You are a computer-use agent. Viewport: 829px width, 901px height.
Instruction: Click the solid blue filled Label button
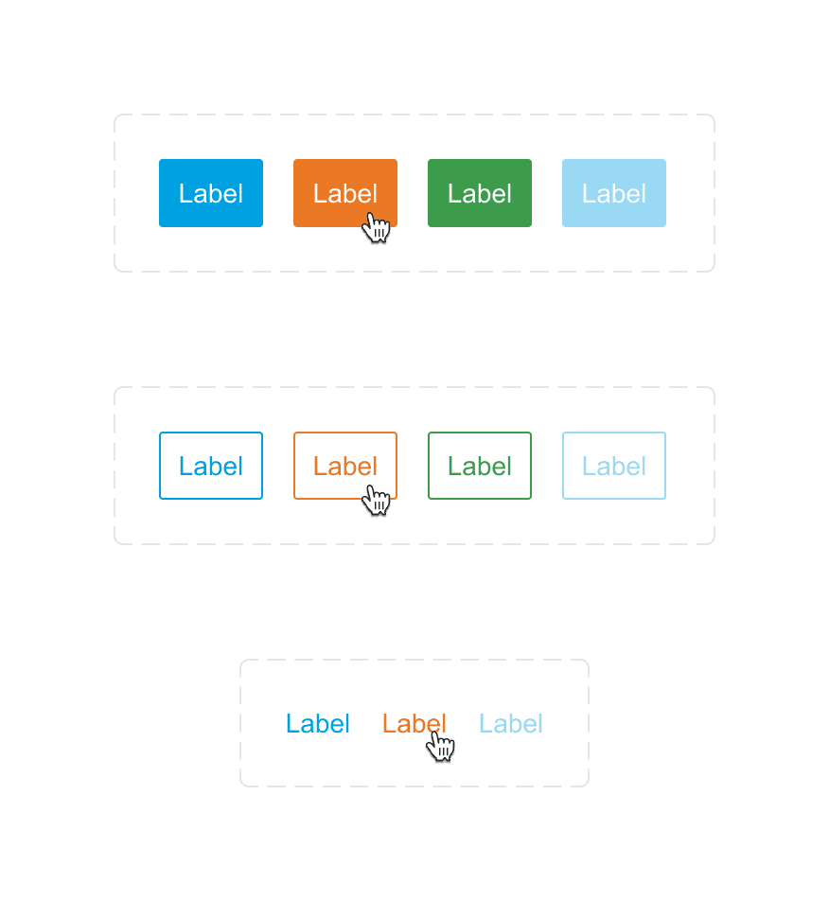pos(211,193)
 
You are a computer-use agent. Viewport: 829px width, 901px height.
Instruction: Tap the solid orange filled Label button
pos(345,193)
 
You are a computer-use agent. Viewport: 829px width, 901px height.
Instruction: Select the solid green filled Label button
pos(480,193)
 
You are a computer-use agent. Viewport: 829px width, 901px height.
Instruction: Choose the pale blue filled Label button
pos(614,193)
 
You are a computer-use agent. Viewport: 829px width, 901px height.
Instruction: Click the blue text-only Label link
pos(318,724)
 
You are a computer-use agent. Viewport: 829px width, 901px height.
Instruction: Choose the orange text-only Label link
pos(414,724)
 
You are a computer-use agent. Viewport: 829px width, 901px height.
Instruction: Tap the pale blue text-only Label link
pos(511,724)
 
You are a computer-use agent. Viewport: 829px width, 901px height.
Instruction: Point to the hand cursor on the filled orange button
pos(377,227)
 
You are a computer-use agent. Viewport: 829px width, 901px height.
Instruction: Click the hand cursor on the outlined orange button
pos(377,500)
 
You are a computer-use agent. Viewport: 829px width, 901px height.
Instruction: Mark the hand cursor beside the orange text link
pos(441,747)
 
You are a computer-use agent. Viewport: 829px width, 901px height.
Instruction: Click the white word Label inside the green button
pos(480,194)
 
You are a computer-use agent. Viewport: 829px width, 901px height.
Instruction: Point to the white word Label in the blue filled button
pos(211,194)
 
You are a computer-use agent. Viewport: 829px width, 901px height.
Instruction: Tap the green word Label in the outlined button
pos(480,466)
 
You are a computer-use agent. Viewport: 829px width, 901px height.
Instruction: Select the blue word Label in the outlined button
pos(211,466)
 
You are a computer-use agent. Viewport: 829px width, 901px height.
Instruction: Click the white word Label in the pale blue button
pos(614,194)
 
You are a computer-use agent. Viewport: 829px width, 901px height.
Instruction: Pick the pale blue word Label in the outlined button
pos(614,466)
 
